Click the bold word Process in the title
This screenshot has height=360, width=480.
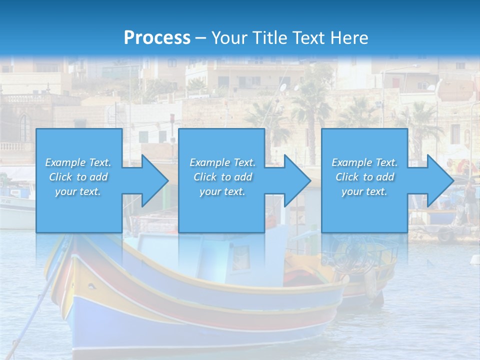pyautogui.click(x=157, y=37)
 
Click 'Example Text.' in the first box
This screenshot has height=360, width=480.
pyautogui.click(x=78, y=162)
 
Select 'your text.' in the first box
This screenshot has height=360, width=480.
pyautogui.click(x=78, y=191)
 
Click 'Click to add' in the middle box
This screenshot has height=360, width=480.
pyautogui.click(x=222, y=177)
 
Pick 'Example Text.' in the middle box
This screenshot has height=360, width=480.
pyautogui.click(x=222, y=162)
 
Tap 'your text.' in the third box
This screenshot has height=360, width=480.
pyautogui.click(x=364, y=191)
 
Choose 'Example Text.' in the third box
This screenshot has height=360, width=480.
pyautogui.click(x=364, y=162)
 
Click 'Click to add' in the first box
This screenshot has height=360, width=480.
pyautogui.click(x=78, y=177)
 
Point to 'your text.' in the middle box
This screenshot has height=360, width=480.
pyautogui.click(x=222, y=191)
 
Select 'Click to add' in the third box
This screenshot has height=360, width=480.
pyautogui.click(x=364, y=177)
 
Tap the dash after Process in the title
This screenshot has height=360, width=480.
pyautogui.click(x=200, y=38)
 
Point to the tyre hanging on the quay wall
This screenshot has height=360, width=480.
pyautogui.click(x=444, y=234)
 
